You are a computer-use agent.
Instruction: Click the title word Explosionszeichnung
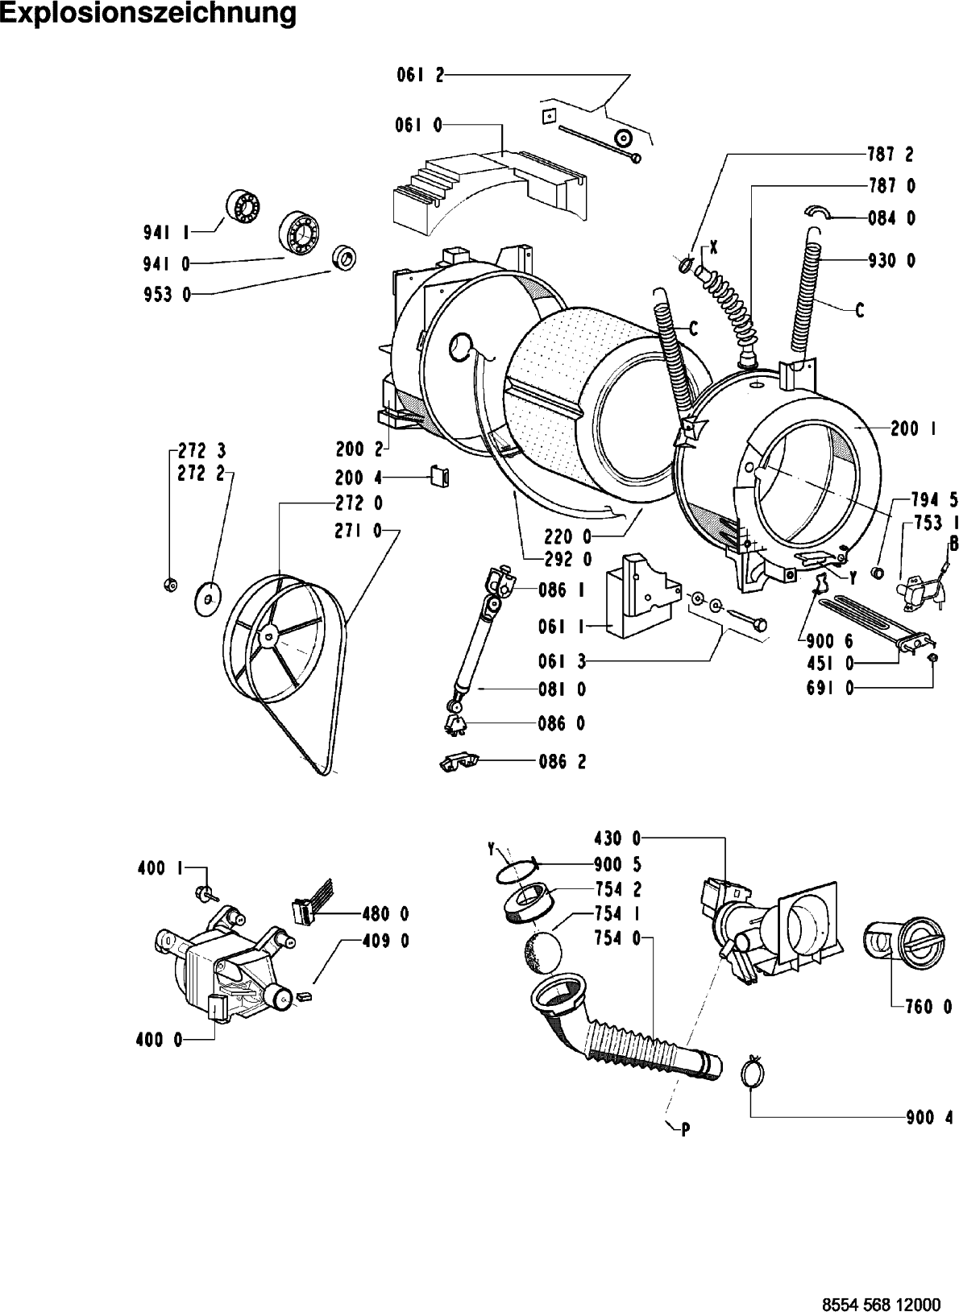click(x=147, y=14)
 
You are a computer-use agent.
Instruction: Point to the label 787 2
click(x=891, y=153)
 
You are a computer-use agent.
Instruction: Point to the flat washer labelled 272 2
click(x=209, y=598)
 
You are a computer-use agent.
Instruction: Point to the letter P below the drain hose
click(x=685, y=1129)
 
